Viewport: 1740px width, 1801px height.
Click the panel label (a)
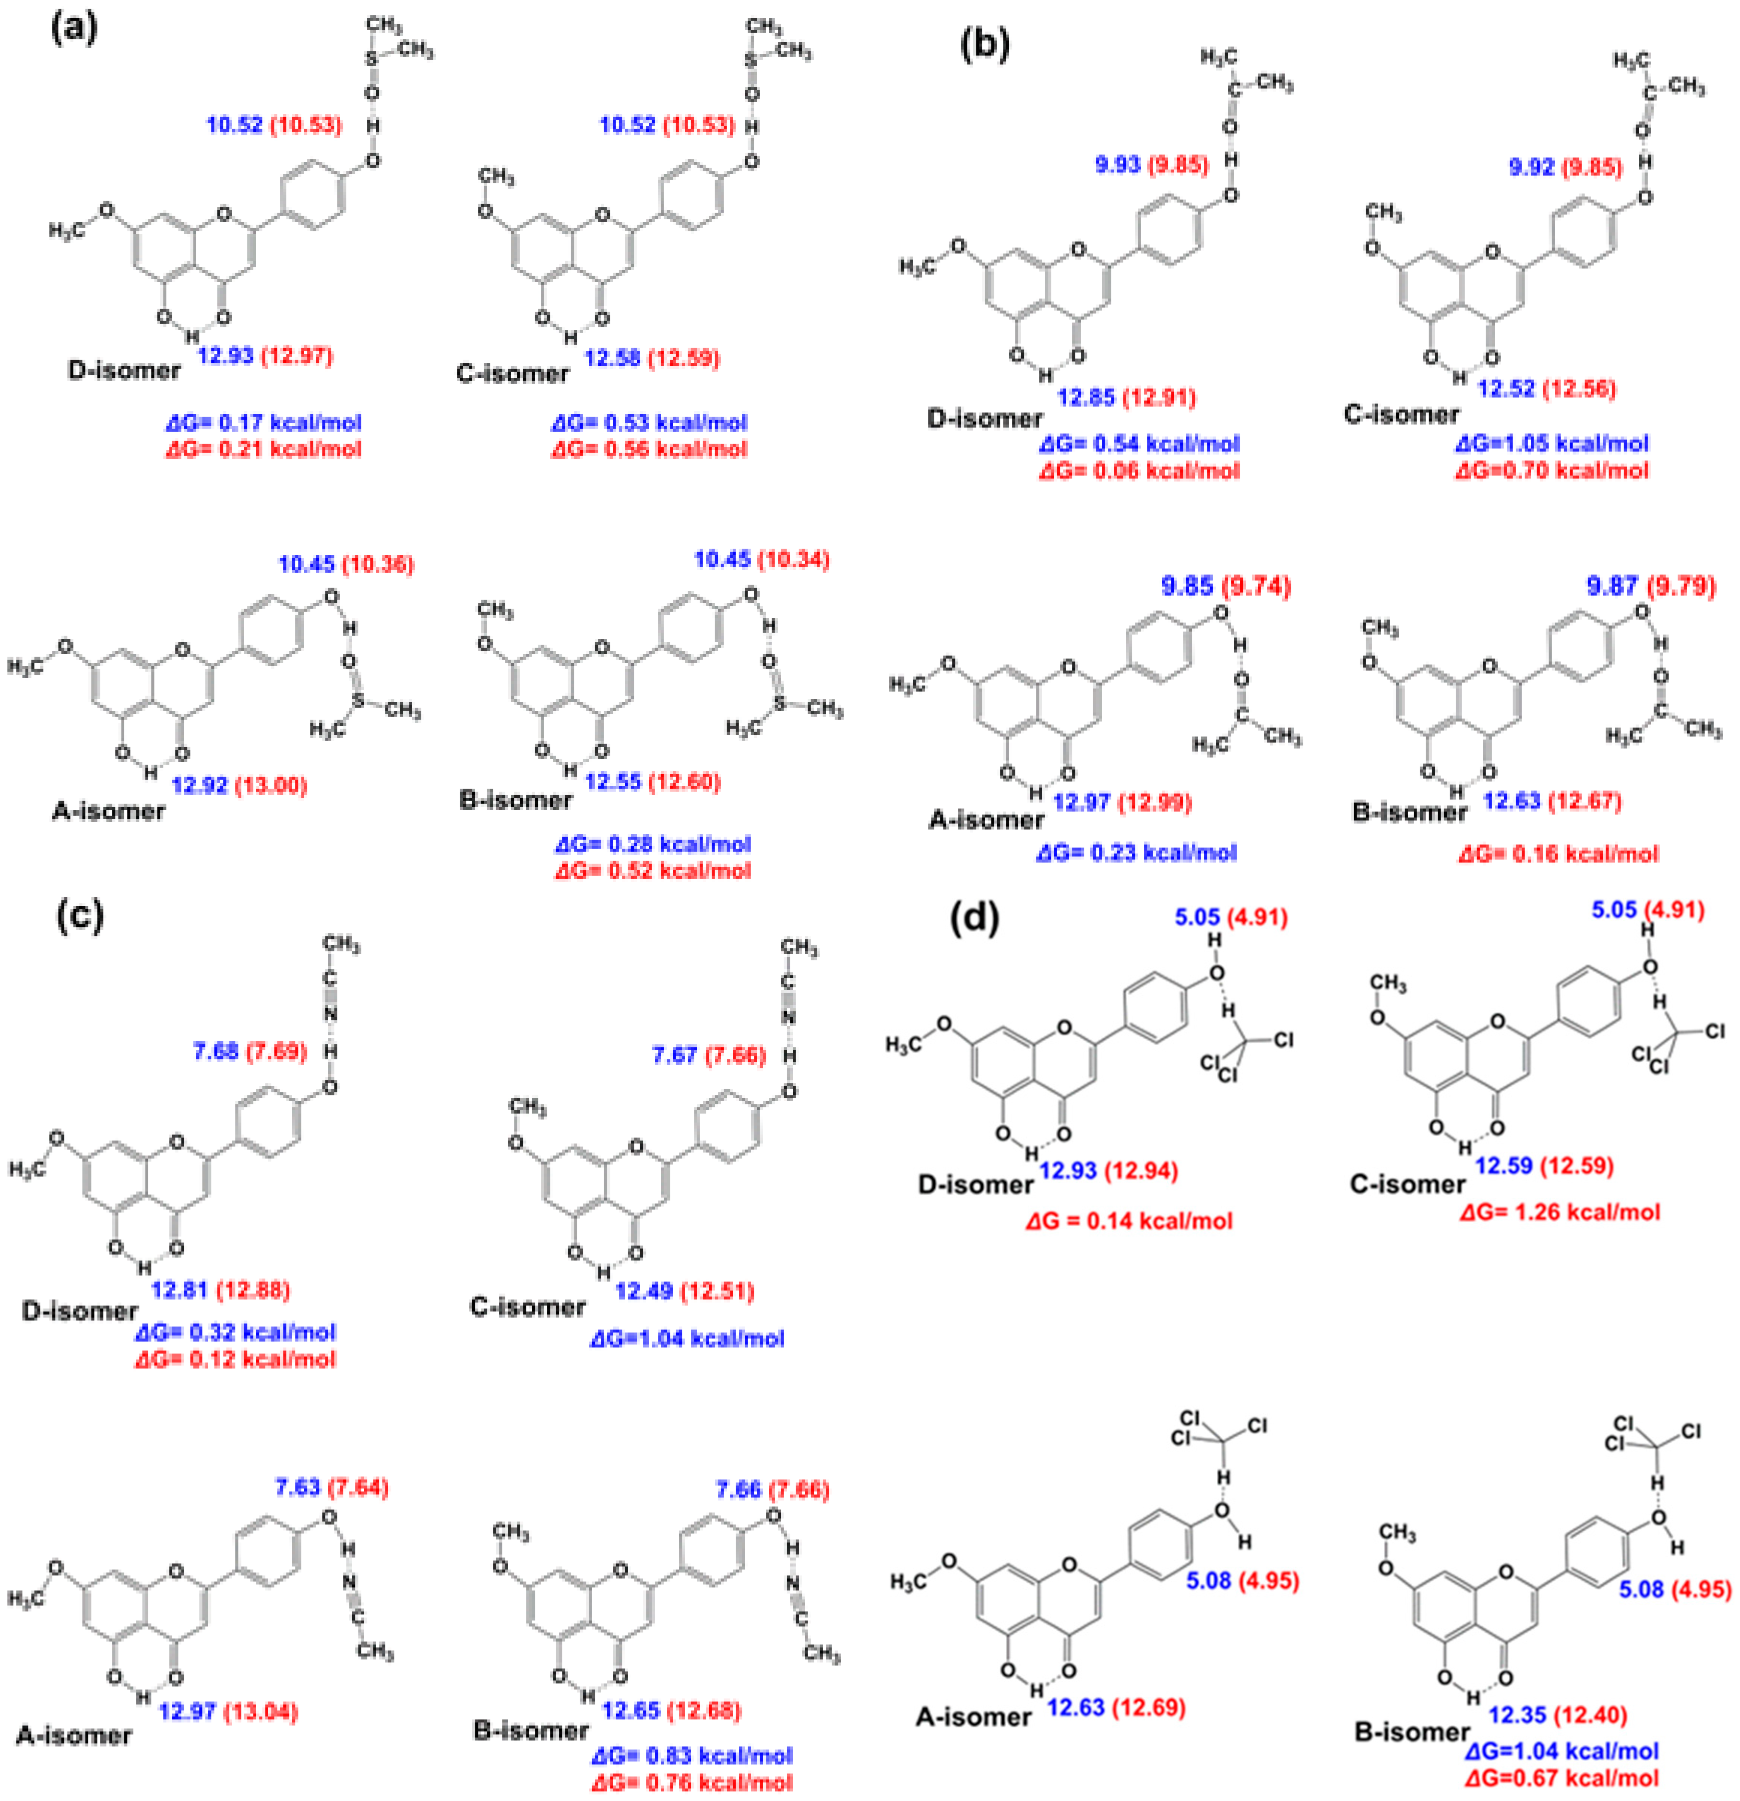tap(73, 29)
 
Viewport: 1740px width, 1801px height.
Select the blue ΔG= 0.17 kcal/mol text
tap(263, 423)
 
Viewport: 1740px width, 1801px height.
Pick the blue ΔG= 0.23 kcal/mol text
tap(1136, 852)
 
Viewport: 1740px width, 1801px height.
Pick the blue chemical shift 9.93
tap(1117, 165)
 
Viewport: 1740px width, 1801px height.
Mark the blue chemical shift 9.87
tap(1612, 585)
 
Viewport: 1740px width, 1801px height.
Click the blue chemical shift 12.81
tap(179, 1289)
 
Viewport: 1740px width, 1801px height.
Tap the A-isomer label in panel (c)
tap(73, 1735)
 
